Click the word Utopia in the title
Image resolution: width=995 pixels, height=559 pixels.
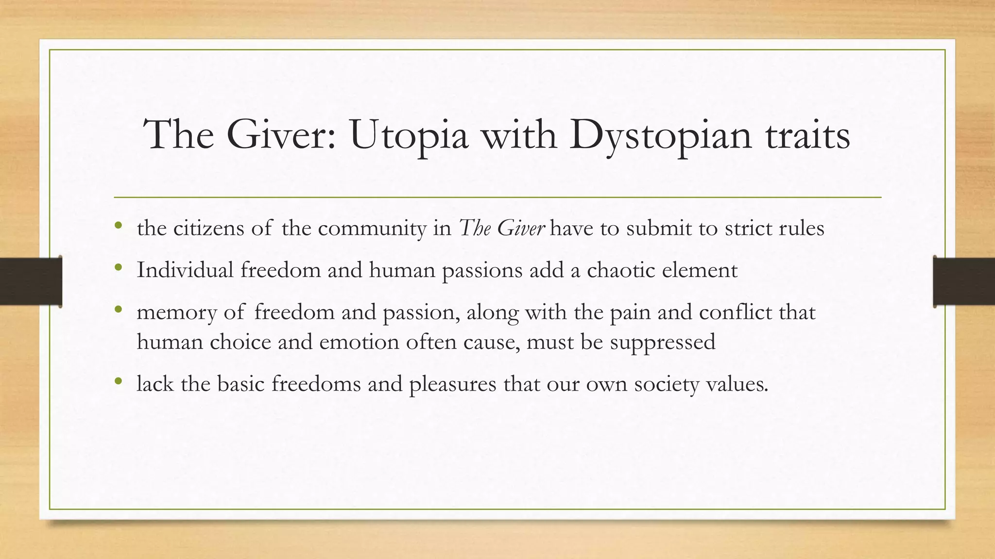pos(409,135)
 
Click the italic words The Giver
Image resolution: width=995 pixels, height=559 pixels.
pos(502,228)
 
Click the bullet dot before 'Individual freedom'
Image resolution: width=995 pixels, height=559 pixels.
pos(118,268)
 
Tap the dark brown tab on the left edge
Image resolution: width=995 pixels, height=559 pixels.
pos(31,281)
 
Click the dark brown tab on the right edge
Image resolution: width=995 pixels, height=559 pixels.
pos(964,281)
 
